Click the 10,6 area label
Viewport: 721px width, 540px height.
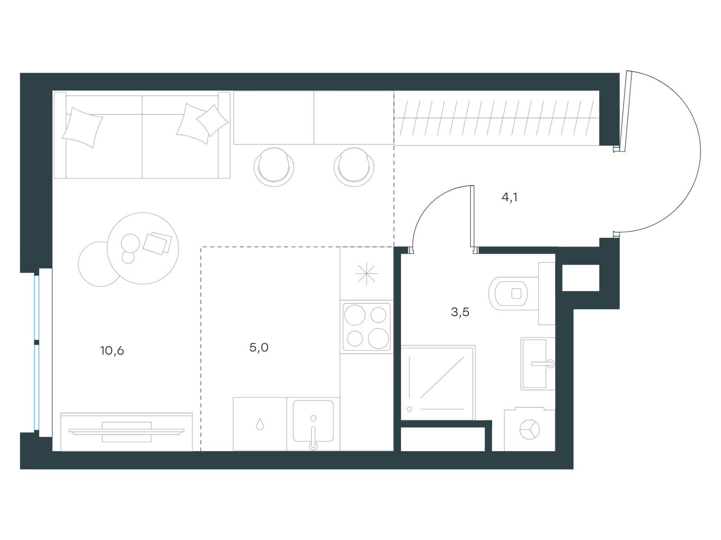(x=112, y=351)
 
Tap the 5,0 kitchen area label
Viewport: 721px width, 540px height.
(x=259, y=347)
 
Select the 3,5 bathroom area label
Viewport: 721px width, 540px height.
(x=460, y=312)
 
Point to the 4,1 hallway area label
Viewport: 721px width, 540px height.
(x=509, y=197)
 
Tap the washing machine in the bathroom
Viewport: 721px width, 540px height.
(x=529, y=429)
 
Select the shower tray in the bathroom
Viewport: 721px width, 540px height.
(x=438, y=382)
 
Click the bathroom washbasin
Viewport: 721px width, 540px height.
(x=538, y=364)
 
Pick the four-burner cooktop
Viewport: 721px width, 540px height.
(x=366, y=327)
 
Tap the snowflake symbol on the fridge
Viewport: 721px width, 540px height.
(x=366, y=273)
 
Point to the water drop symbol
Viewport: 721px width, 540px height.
(x=260, y=424)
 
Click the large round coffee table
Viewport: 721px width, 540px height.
(x=143, y=248)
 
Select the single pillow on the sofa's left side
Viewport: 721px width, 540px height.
(x=82, y=127)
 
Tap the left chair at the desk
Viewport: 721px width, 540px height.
(x=274, y=167)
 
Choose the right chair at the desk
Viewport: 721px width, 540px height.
(x=354, y=167)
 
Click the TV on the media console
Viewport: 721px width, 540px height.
(x=127, y=432)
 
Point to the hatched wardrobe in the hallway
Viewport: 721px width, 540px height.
(x=497, y=118)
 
